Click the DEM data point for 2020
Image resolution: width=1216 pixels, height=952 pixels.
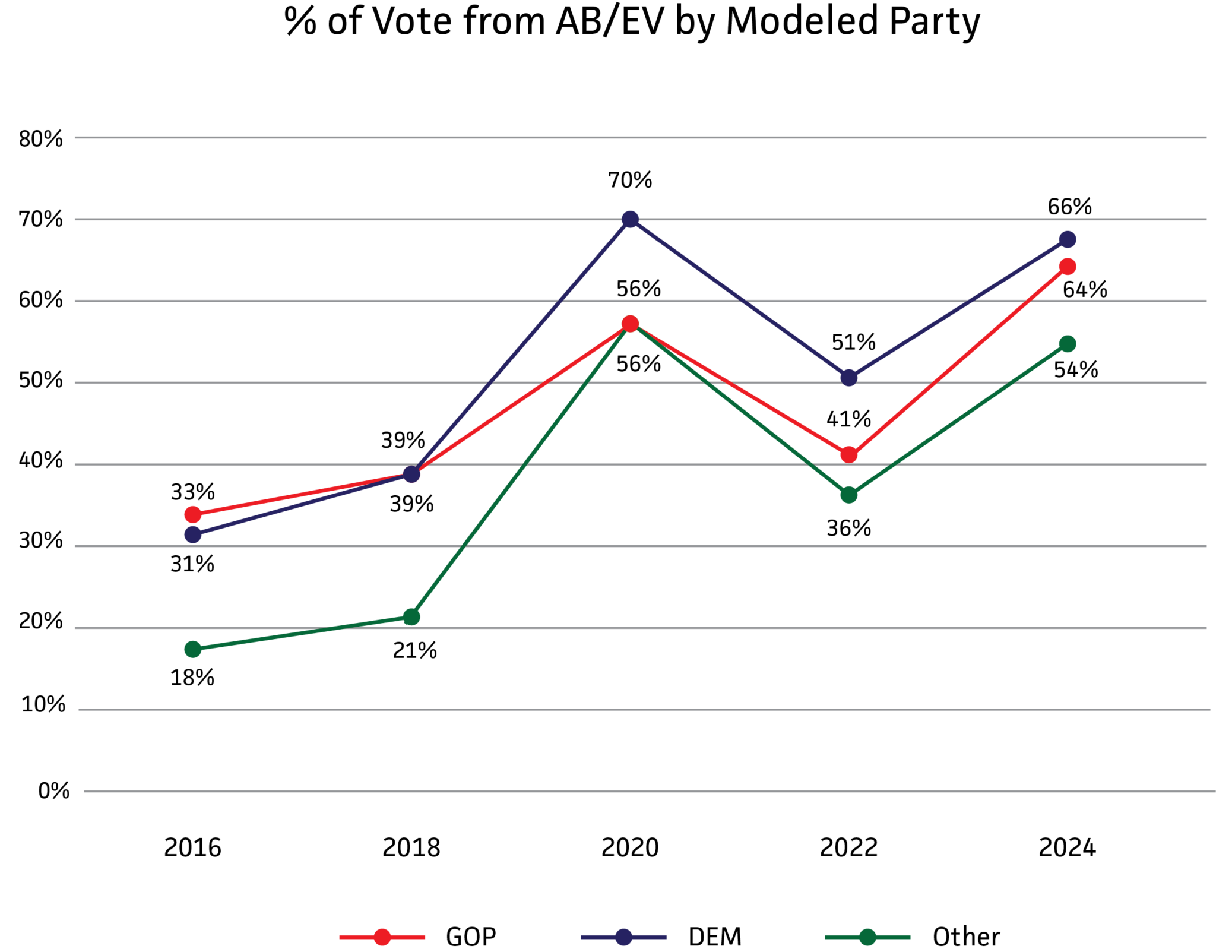point(630,219)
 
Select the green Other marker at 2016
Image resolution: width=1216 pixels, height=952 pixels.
point(193,649)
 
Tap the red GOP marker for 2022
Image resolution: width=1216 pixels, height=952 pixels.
point(848,455)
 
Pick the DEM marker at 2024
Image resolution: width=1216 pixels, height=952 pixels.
point(1067,240)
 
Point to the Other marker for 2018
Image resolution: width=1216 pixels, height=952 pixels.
point(411,617)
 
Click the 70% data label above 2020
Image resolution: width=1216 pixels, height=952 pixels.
point(629,180)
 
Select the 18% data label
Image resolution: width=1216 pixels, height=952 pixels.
point(192,678)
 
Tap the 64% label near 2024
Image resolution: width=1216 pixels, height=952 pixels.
point(1084,290)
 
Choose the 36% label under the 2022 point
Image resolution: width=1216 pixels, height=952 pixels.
point(848,528)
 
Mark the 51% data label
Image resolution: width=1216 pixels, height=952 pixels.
point(853,343)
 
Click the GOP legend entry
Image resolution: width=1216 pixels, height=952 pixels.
point(470,937)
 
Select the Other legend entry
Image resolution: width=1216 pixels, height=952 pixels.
point(965,937)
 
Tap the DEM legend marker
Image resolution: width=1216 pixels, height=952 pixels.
point(623,937)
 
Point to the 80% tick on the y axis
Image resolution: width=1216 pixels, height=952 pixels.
point(40,140)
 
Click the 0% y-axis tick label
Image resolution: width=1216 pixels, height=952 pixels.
point(53,791)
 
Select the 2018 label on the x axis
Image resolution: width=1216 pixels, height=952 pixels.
point(411,847)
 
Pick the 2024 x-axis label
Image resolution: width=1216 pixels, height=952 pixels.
point(1066,847)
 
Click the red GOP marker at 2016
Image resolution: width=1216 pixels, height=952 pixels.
point(193,514)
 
